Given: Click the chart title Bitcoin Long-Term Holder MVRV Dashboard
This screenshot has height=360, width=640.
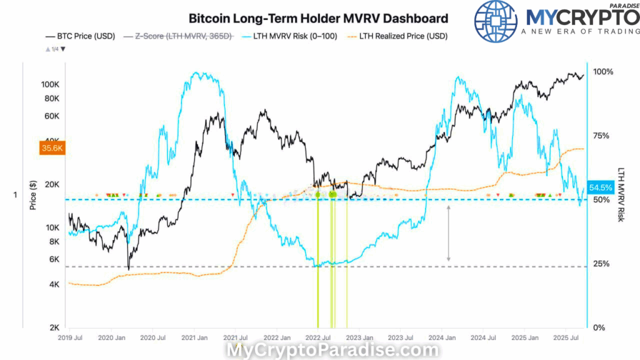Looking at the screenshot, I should [318, 18].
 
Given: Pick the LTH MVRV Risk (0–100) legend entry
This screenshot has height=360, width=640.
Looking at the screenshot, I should [294, 36].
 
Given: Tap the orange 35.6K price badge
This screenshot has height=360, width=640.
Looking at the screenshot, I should [52, 149].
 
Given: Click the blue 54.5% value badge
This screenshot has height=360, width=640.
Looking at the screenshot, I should [601, 187].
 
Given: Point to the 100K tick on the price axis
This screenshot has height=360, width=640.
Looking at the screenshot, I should [50, 84].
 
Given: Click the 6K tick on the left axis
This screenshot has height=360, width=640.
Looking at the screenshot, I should [53, 259].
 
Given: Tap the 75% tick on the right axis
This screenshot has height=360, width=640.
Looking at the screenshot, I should [602, 136].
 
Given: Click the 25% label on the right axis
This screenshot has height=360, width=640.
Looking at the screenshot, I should [602, 264].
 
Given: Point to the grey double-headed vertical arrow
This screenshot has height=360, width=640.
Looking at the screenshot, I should [448, 232].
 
